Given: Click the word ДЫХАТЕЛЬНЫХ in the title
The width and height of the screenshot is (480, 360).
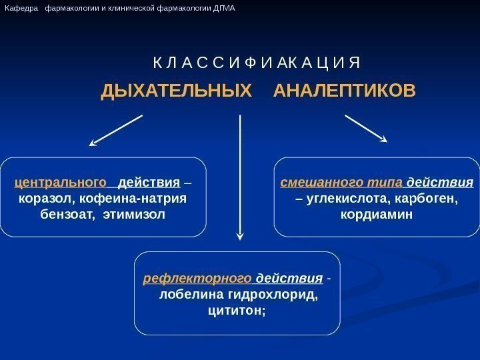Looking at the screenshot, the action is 177,90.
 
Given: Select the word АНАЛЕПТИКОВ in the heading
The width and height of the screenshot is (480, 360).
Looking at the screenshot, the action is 344,90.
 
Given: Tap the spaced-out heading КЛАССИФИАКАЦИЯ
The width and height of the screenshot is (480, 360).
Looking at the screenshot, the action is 256,64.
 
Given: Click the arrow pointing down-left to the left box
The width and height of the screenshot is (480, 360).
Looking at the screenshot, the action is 116,129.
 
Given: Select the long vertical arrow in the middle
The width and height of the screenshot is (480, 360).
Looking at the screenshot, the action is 240,177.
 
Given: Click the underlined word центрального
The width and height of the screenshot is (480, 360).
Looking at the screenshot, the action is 61,183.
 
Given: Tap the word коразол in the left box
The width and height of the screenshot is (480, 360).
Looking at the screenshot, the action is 41,199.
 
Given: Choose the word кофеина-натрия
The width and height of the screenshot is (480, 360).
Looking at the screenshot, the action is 129,199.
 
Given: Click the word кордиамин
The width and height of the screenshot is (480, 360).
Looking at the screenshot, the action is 377,215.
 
